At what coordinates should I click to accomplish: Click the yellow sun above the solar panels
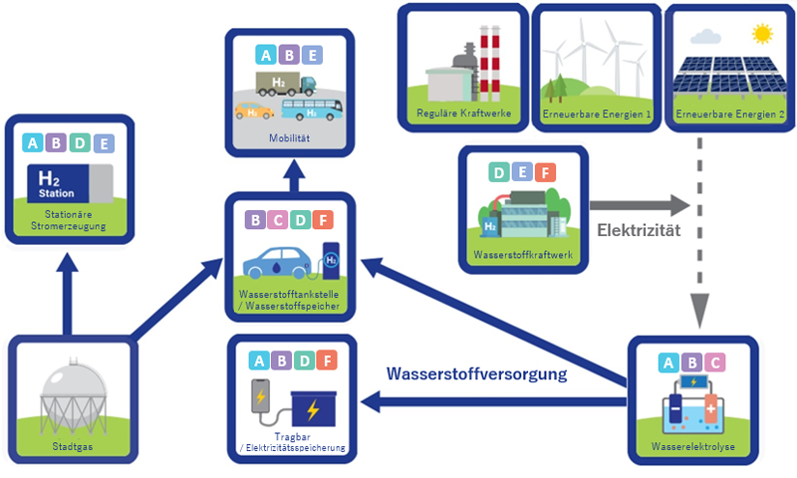[x=763, y=34]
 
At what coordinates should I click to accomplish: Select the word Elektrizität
[x=640, y=230]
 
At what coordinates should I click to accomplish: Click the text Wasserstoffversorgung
[x=477, y=374]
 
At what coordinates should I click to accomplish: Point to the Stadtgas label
[x=70, y=447]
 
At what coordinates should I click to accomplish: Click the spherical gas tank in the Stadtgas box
[x=71, y=394]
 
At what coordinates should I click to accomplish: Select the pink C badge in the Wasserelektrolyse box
[x=713, y=362]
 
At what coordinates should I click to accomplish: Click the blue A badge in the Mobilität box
[x=266, y=56]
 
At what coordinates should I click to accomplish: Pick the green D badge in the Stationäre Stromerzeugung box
[x=83, y=143]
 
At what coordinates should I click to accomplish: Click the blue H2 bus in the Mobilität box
[x=310, y=109]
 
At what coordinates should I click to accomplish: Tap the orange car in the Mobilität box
[x=254, y=110]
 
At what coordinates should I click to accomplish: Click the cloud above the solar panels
[x=706, y=37]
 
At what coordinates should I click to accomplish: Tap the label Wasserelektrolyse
[x=693, y=447]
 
